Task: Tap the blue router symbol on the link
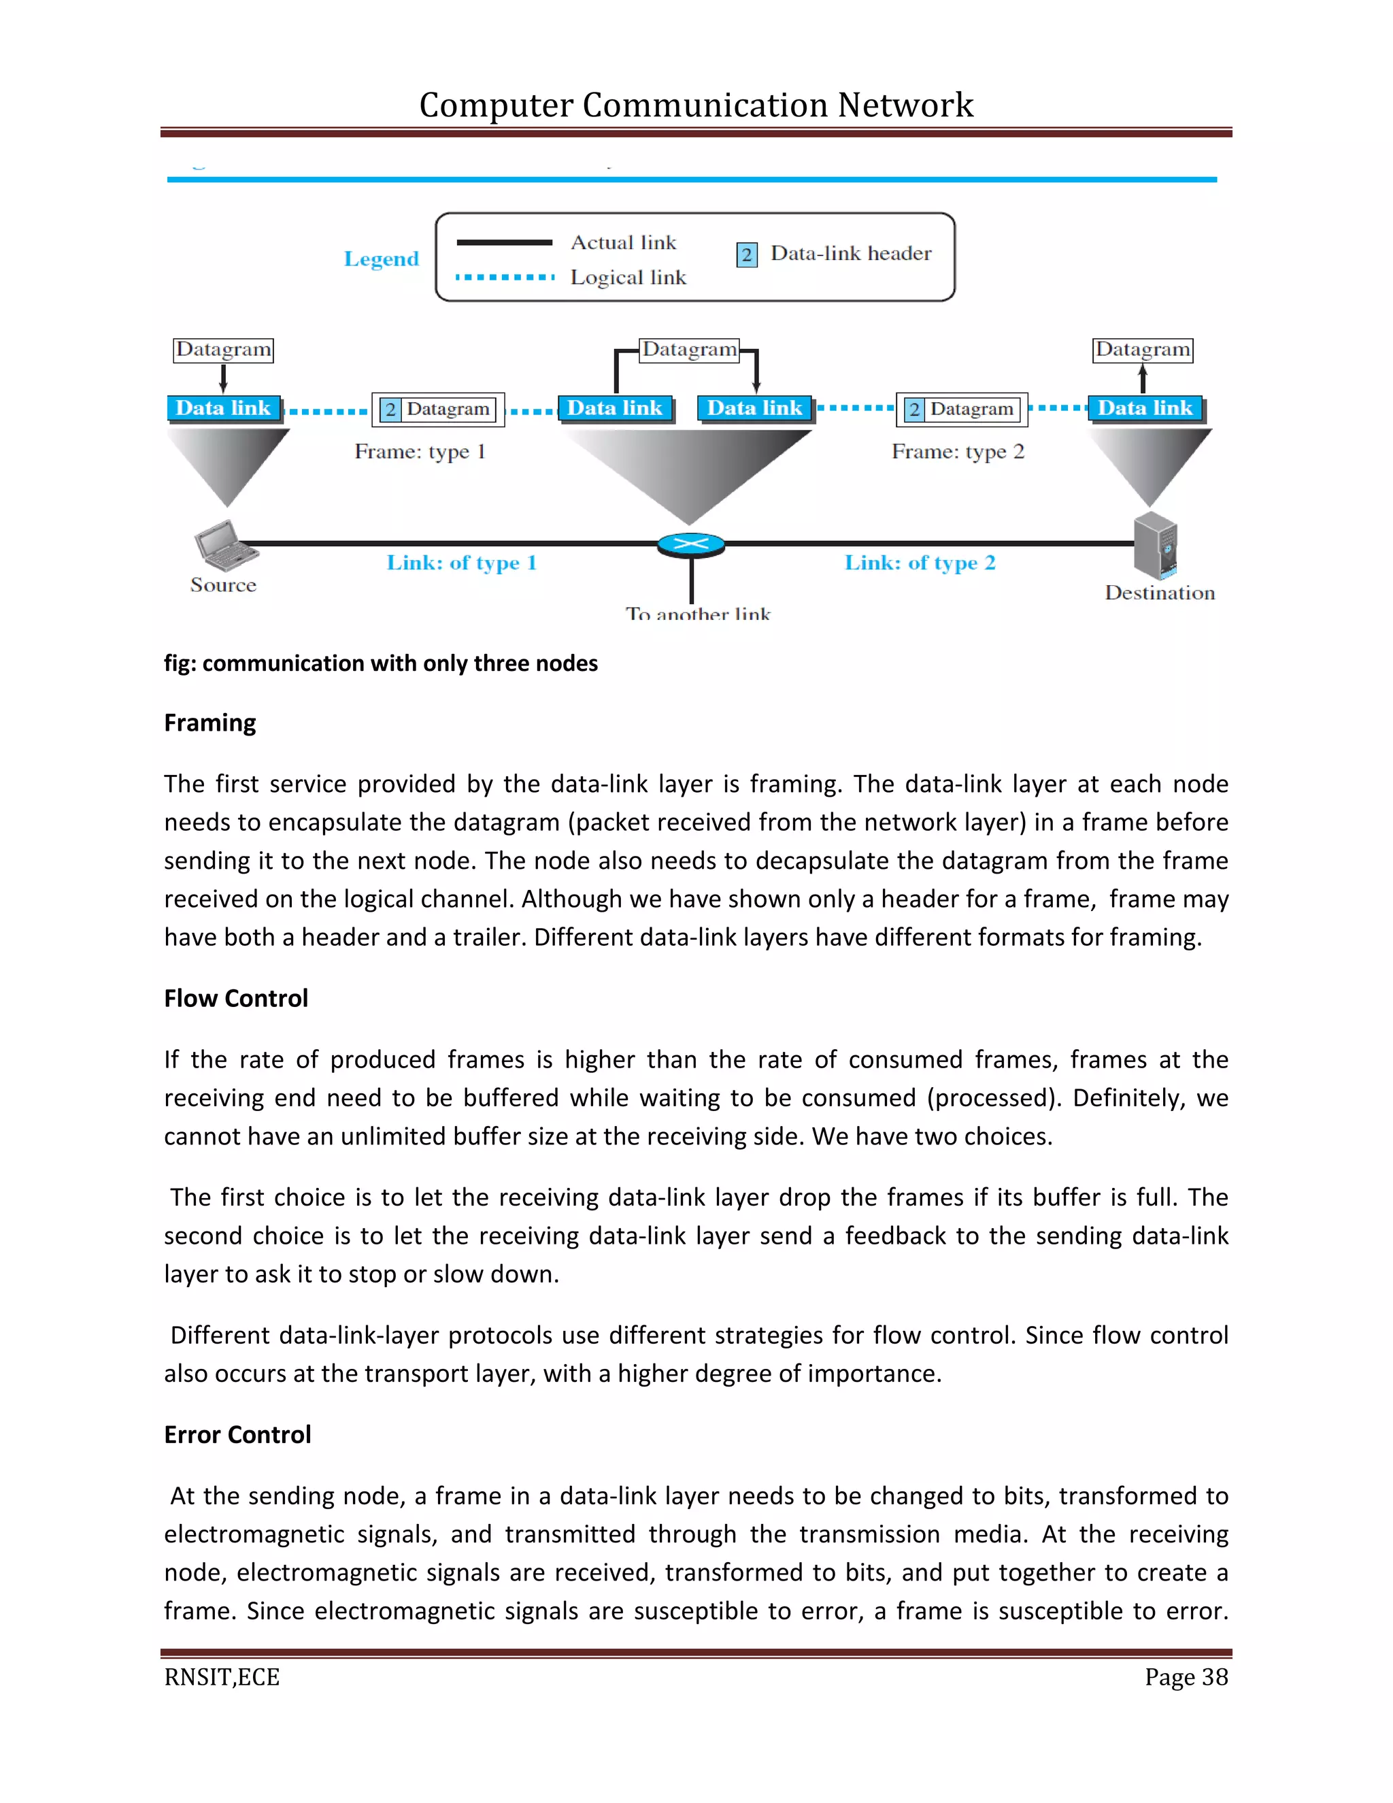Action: pos(691,544)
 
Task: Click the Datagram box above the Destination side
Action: pos(1143,349)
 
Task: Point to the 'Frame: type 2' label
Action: pos(957,452)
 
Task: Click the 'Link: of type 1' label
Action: pos(461,563)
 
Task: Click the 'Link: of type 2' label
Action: pos(920,563)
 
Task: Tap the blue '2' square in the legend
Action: pos(747,254)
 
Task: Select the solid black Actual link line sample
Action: pos(504,243)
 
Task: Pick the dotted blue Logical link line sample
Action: pos(504,278)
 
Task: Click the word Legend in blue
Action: pos(382,259)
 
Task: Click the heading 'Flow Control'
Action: pos(236,998)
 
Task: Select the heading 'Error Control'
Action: pos(237,1434)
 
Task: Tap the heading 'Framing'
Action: pos(209,723)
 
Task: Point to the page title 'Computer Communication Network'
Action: pos(696,105)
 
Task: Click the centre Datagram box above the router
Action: pos(690,349)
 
